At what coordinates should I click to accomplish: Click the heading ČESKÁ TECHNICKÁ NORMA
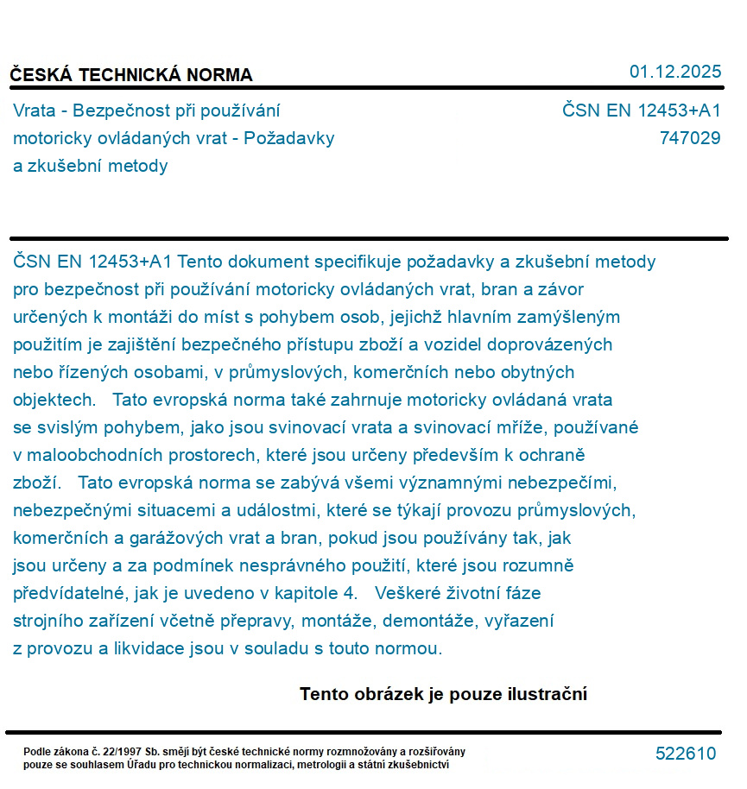coord(131,75)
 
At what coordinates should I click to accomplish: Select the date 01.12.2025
coord(674,72)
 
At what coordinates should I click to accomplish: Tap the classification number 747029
coord(689,138)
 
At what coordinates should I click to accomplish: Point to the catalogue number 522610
coord(686,754)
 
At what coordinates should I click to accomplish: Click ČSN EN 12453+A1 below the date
coord(641,110)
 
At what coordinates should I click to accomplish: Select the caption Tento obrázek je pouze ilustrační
coord(443,694)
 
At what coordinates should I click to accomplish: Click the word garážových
coord(179,538)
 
